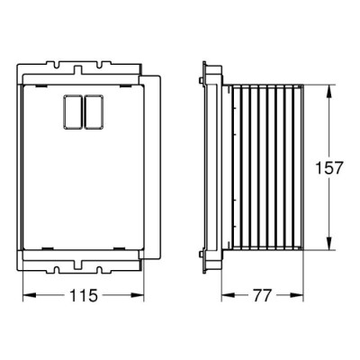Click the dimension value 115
(x=84, y=295)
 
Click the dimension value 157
(x=328, y=167)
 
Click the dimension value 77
(x=262, y=295)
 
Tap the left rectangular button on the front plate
(x=73, y=112)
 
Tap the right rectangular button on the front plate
(x=94, y=112)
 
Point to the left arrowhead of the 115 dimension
(x=30, y=295)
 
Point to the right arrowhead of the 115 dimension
(x=138, y=295)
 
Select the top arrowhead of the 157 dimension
(x=328, y=92)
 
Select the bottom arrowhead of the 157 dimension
(x=328, y=243)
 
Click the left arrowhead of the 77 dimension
(x=228, y=295)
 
